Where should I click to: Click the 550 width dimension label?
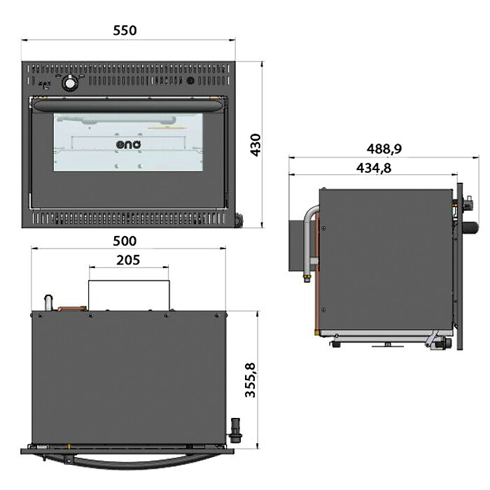(125, 31)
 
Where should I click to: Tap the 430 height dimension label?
(255, 145)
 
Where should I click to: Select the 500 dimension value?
(125, 241)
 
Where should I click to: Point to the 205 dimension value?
(128, 260)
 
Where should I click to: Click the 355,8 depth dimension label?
(250, 380)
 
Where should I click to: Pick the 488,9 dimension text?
(384, 148)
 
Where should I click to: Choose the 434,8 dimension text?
(373, 168)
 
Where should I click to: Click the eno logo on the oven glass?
(128, 144)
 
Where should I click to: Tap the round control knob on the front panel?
(69, 83)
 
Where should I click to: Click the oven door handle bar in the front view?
(128, 105)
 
